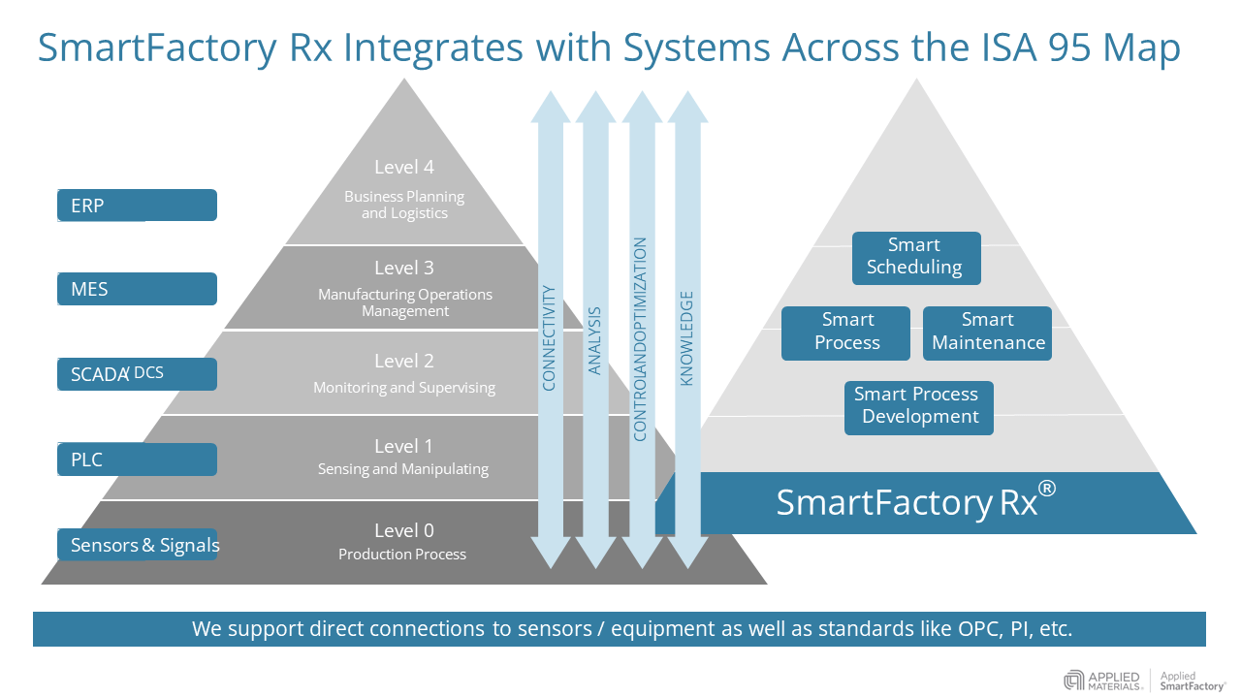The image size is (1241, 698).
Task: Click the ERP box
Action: (x=137, y=206)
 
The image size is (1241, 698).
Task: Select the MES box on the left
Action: (x=137, y=289)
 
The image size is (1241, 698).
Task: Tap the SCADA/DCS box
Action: (x=137, y=373)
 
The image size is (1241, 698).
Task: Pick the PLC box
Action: (x=137, y=460)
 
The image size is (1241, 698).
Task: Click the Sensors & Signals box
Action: (x=137, y=545)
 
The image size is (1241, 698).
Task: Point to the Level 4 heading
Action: (x=404, y=167)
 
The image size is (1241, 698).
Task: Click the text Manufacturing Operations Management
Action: (x=405, y=302)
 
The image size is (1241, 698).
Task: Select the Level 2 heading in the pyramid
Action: (x=404, y=362)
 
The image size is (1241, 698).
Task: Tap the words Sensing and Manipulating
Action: (x=403, y=469)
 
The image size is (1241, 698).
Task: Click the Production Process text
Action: (x=402, y=555)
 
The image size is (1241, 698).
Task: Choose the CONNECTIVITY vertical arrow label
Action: (x=549, y=337)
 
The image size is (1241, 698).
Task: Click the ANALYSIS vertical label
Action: (x=595, y=340)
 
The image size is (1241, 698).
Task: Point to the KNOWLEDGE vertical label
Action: (x=687, y=338)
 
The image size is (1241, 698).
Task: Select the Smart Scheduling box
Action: (x=915, y=257)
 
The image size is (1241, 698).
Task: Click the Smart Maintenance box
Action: (x=987, y=333)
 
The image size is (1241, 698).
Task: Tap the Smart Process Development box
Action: (x=917, y=406)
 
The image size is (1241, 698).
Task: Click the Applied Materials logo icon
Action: (x=1073, y=681)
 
